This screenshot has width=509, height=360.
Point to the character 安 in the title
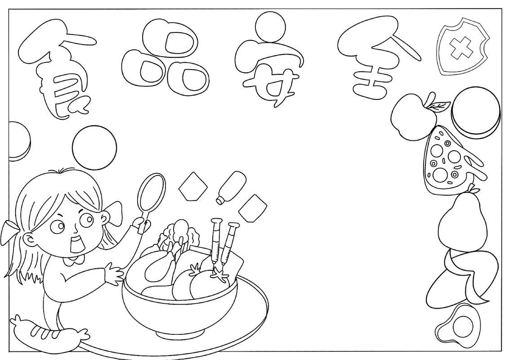click(x=269, y=62)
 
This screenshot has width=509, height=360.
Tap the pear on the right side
click(x=463, y=221)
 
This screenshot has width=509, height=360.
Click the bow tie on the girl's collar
click(x=76, y=260)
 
